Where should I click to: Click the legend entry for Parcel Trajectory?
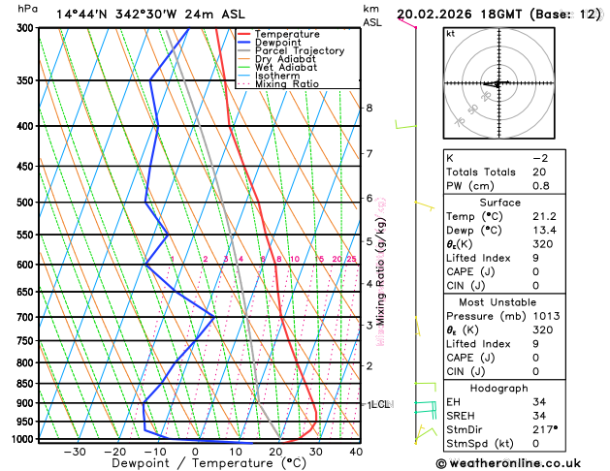point(299,51)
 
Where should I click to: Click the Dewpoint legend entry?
point(277,43)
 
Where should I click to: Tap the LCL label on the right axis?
point(380,404)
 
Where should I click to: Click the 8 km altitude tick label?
point(369,108)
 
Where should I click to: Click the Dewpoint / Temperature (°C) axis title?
point(192,463)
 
